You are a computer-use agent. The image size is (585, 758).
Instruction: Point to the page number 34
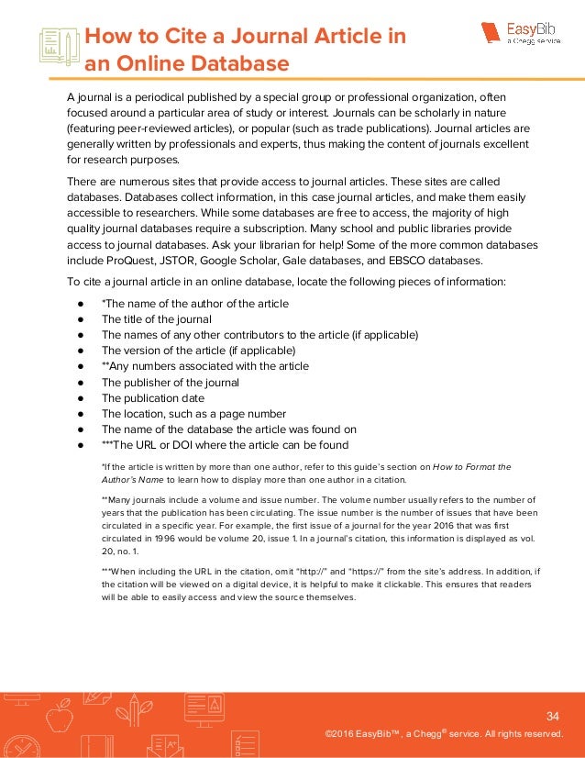pos(552,716)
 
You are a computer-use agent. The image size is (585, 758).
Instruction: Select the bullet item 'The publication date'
pos(152,398)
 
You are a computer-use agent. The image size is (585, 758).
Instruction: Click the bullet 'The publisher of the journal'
pos(170,382)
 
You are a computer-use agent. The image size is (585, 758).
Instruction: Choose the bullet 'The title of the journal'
pos(156,318)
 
